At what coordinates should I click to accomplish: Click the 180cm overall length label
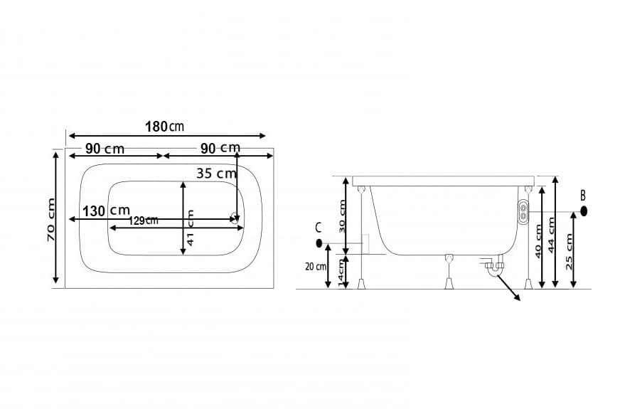(x=164, y=127)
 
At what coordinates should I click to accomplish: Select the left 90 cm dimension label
(x=105, y=149)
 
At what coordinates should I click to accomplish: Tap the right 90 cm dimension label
(x=220, y=148)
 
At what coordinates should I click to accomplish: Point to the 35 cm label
(x=216, y=173)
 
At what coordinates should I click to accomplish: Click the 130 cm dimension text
(x=106, y=211)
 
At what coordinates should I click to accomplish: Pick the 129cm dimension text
(x=144, y=221)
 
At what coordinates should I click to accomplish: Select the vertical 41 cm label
(x=191, y=228)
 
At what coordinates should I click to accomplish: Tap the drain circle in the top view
(x=234, y=219)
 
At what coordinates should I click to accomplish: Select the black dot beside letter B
(x=584, y=211)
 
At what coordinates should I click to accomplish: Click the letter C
(x=319, y=228)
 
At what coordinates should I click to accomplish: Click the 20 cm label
(x=316, y=267)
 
